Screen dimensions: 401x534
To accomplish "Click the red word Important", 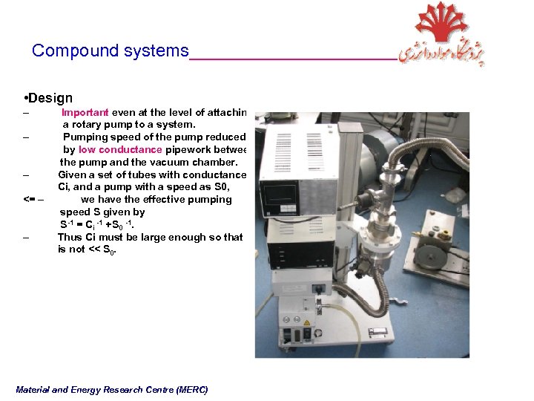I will [85, 113].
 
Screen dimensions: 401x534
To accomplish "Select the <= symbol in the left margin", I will [29, 200].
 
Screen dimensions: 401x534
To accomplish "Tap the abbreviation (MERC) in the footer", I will [192, 390].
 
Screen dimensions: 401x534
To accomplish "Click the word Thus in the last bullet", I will [70, 238].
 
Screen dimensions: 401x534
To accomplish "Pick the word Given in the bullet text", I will [72, 175].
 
